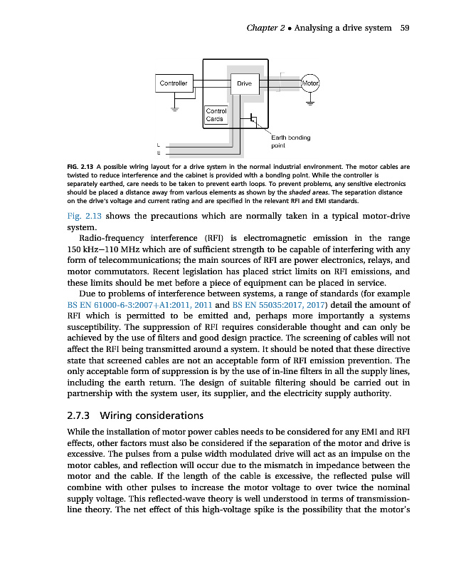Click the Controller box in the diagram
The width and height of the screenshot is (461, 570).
pos(173,83)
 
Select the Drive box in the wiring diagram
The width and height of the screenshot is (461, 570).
pos(244,84)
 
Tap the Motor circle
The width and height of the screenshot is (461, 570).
pos(311,83)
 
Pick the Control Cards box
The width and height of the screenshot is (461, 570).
pos(216,115)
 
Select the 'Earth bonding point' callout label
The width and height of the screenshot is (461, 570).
pos(290,140)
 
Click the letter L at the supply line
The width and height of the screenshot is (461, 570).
pos(159,145)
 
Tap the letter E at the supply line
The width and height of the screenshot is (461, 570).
pos(159,153)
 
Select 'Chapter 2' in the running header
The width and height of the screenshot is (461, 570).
pos(265,28)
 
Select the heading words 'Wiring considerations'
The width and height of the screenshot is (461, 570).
pos(153,415)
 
